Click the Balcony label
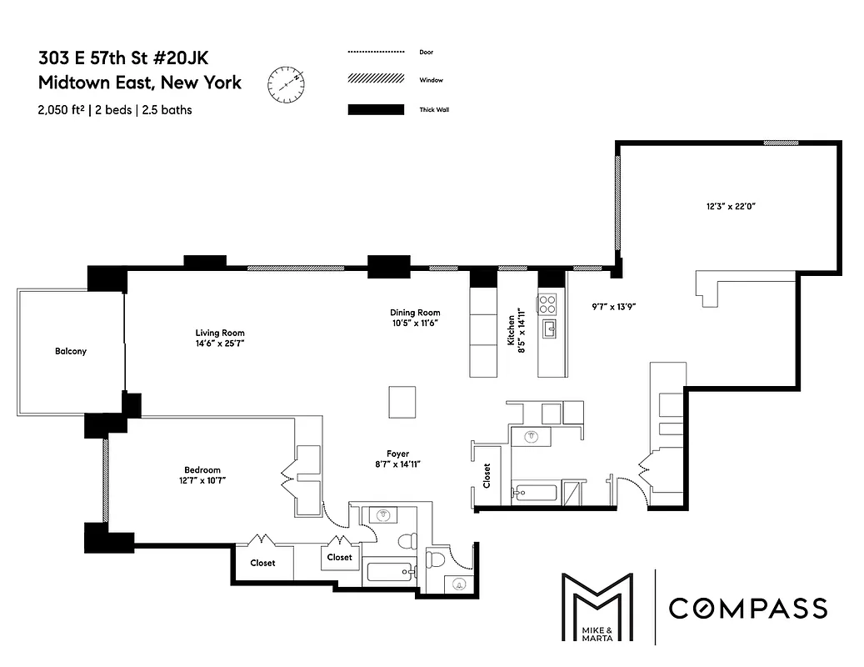point(71,351)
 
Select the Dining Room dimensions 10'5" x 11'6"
point(414,323)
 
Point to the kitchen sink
point(549,329)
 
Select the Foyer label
point(397,454)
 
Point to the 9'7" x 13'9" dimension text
point(608,306)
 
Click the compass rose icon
point(286,83)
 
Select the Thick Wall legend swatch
point(376,109)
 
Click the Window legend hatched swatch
point(376,80)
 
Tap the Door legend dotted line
point(376,52)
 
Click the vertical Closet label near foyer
point(487,476)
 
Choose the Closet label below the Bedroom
point(262,563)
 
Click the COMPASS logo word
point(748,608)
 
